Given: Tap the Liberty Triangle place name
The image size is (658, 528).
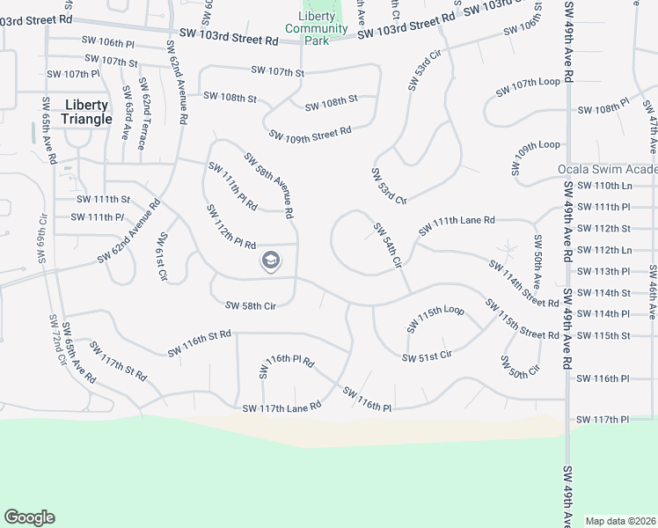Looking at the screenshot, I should pyautogui.click(x=87, y=112).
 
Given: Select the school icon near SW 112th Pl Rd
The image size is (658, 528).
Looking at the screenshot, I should pyautogui.click(x=271, y=260).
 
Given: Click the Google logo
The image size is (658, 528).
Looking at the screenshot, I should pyautogui.click(x=29, y=517).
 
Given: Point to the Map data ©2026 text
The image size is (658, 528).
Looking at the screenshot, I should pyautogui.click(x=620, y=521).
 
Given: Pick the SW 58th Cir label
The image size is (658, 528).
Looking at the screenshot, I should pyautogui.click(x=252, y=305).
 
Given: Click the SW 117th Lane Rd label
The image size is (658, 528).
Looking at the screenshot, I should pyautogui.click(x=281, y=407).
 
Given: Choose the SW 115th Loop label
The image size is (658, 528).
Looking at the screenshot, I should pyautogui.click(x=435, y=319).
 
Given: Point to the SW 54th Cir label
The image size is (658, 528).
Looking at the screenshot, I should pyautogui.click(x=387, y=245).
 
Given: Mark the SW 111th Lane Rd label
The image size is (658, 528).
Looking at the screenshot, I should pyautogui.click(x=457, y=225).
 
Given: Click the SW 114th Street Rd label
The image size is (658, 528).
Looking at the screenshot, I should pyautogui.click(x=524, y=282).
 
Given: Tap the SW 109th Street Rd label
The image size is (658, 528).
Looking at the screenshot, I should pyautogui.click(x=311, y=135).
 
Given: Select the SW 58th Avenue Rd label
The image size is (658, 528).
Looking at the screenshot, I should pyautogui.click(x=268, y=186).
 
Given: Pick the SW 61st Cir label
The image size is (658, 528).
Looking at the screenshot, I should pyautogui.click(x=162, y=257).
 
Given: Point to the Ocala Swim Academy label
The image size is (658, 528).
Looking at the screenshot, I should pyautogui.click(x=607, y=170).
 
